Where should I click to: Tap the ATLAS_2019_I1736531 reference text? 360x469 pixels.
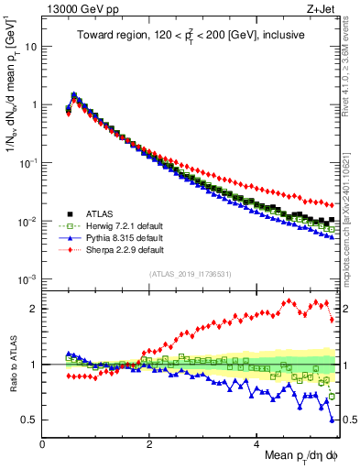click(x=190, y=274)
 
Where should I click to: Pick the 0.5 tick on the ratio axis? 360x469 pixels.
click(x=29, y=420)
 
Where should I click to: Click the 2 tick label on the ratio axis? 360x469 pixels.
click(x=33, y=309)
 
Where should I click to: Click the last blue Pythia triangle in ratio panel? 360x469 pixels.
click(x=331, y=420)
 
